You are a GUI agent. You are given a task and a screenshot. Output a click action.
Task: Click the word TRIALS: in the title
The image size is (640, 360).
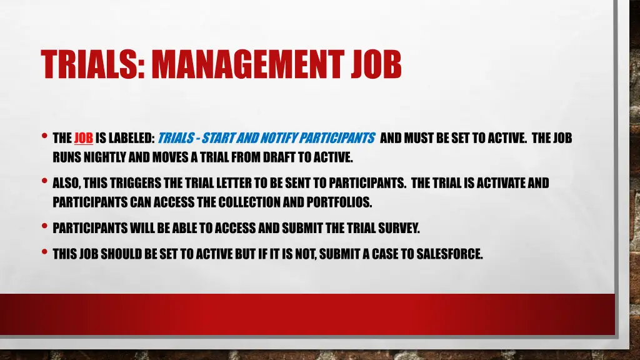(x=92, y=64)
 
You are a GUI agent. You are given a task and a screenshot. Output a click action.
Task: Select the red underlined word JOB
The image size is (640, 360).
(x=84, y=139)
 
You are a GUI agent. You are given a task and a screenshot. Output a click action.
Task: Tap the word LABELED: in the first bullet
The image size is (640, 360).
(x=132, y=139)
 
